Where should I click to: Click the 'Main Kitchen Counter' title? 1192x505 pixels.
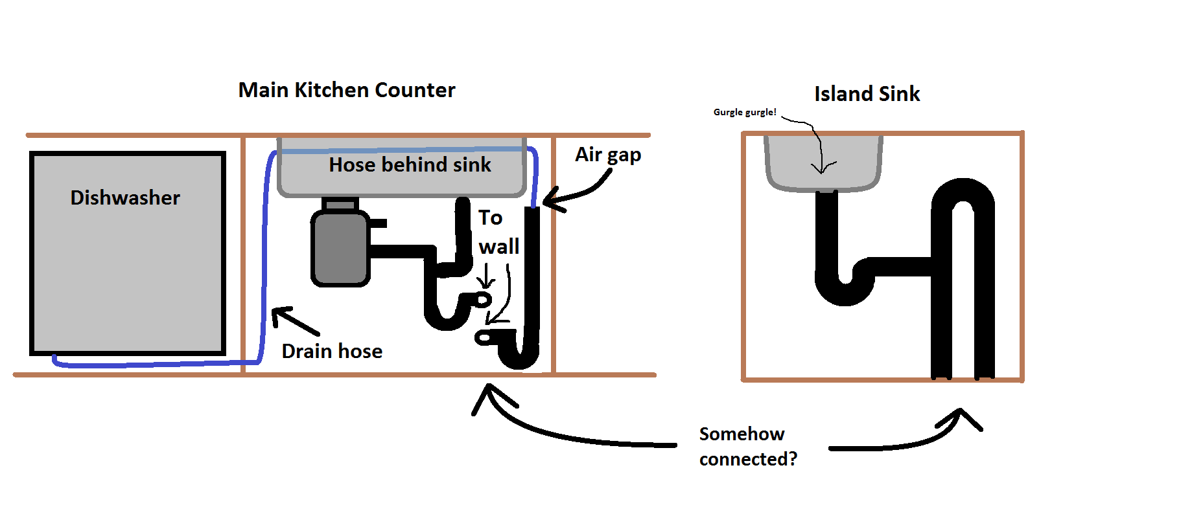click(x=347, y=90)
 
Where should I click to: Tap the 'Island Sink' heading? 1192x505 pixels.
click(x=867, y=94)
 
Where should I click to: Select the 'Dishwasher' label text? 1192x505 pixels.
click(x=125, y=197)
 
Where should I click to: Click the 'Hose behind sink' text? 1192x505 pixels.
click(x=410, y=165)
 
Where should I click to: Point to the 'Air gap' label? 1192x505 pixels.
click(x=607, y=155)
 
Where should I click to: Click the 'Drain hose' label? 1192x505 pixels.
click(x=332, y=351)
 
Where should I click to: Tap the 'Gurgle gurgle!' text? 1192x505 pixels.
click(x=744, y=112)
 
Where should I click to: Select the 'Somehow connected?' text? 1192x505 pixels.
click(x=747, y=446)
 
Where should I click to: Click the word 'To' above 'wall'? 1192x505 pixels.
click(x=490, y=218)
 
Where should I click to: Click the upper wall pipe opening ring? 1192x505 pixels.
click(x=484, y=300)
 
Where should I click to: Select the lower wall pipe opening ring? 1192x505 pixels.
click(x=484, y=338)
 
